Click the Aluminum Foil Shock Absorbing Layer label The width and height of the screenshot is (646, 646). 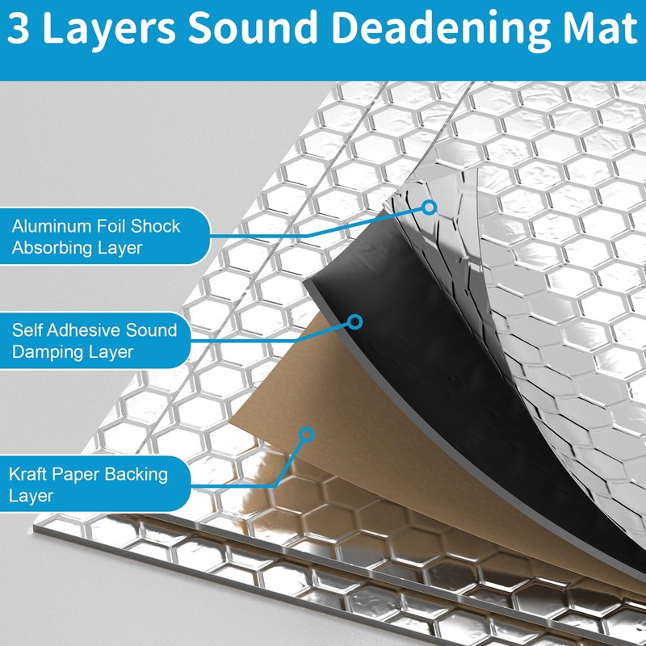pyautogui.click(x=97, y=237)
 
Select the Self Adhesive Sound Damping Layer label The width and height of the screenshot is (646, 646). pyautogui.click(x=93, y=341)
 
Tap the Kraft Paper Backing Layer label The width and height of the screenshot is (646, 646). pyautogui.click(x=89, y=484)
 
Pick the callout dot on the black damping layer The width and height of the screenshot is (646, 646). pyautogui.click(x=354, y=321)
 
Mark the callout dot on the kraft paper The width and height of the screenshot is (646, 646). pyautogui.click(x=305, y=434)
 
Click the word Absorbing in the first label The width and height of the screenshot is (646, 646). pyautogui.click(x=49, y=248)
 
